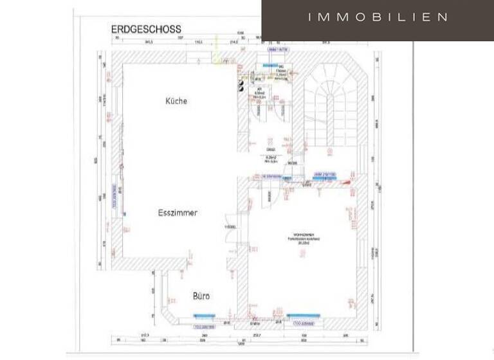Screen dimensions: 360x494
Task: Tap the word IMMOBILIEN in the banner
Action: [x=378, y=17]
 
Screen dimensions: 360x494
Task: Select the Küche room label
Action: [x=176, y=101]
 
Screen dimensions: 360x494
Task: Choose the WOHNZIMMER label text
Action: [x=303, y=236]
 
